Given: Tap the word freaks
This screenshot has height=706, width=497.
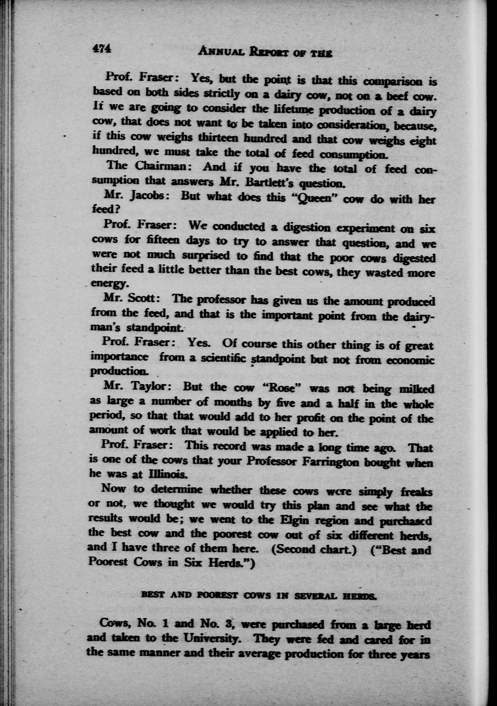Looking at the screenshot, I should (x=417, y=492).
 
